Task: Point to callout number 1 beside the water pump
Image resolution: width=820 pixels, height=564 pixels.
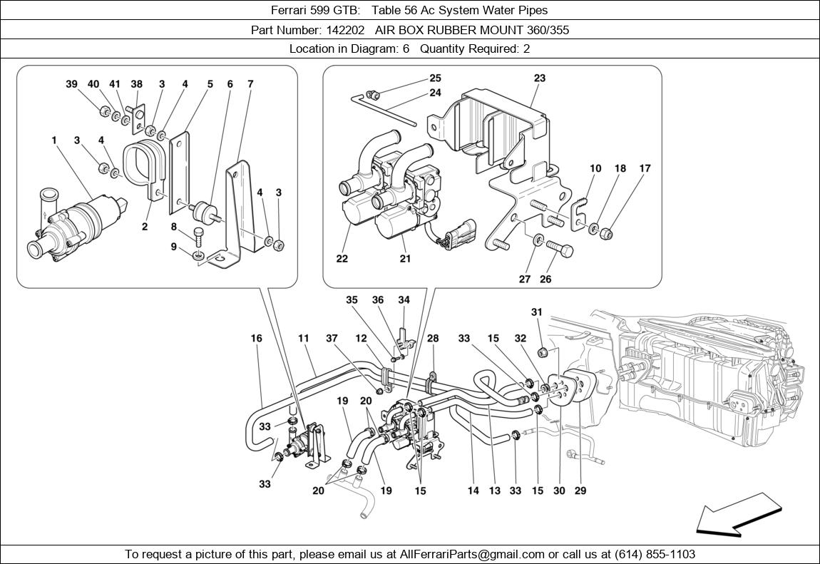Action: coord(54,140)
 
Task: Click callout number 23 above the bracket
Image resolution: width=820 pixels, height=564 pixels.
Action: coord(540,78)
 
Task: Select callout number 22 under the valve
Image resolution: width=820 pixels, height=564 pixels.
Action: coord(342,259)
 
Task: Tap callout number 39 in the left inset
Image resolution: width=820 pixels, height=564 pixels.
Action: coord(71,84)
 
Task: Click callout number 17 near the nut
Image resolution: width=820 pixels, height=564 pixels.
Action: coord(645,169)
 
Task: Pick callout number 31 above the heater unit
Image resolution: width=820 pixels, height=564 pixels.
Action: coord(536,312)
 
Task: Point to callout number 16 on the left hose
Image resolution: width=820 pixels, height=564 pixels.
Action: coord(256,338)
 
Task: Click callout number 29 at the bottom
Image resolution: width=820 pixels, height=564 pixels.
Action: coord(580,491)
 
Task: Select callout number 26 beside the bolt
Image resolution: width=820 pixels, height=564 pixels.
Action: coord(545,280)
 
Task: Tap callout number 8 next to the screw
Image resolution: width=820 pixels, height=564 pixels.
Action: coord(173,227)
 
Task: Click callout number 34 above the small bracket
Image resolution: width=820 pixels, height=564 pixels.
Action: coord(404,300)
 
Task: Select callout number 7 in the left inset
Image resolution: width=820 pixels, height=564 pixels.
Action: coord(250,84)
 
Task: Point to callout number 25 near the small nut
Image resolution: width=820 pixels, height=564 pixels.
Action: coord(435,78)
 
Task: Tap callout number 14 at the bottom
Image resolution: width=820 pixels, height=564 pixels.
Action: coord(473,491)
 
